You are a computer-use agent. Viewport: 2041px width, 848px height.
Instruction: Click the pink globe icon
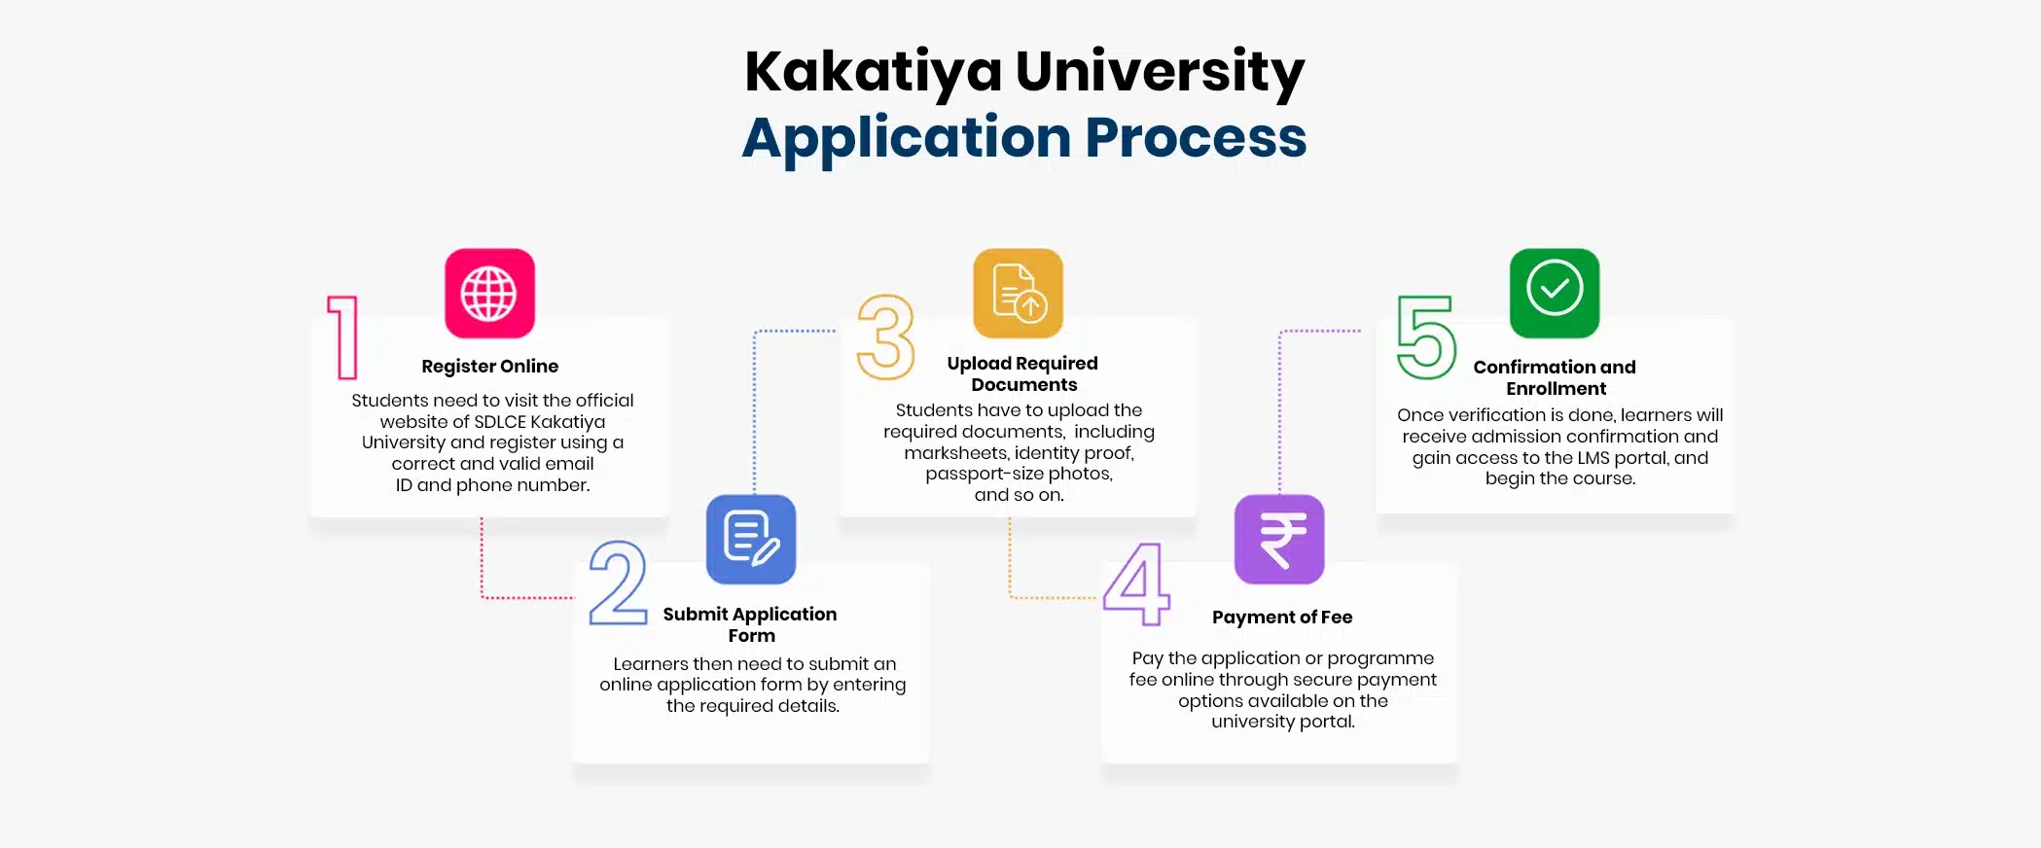point(489,294)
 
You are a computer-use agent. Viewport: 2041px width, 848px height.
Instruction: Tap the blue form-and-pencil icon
point(751,540)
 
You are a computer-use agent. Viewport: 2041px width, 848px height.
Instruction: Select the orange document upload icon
point(1018,293)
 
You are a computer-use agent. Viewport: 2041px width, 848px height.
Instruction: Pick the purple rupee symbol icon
point(1279,540)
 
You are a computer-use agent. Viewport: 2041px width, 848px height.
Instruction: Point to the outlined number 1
point(343,337)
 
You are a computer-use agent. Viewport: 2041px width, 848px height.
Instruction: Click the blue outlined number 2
point(618,583)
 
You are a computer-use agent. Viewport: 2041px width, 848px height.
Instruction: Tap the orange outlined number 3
point(886,337)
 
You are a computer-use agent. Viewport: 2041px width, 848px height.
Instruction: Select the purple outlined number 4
point(1137,583)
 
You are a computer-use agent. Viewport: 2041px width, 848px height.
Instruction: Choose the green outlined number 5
point(1427,337)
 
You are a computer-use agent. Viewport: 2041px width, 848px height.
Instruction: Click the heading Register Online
point(489,367)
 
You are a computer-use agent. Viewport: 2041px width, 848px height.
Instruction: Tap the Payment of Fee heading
point(1282,618)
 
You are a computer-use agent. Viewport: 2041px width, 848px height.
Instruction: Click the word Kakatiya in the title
point(873,72)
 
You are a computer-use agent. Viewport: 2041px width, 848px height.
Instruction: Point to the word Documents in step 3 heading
point(1023,385)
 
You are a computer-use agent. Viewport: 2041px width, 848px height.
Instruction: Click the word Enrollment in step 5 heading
point(1556,389)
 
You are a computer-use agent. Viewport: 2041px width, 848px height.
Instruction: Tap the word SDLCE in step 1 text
point(499,422)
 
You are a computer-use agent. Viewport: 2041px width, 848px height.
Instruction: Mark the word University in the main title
point(1160,72)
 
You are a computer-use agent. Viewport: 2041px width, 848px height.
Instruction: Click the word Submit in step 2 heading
point(693,615)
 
